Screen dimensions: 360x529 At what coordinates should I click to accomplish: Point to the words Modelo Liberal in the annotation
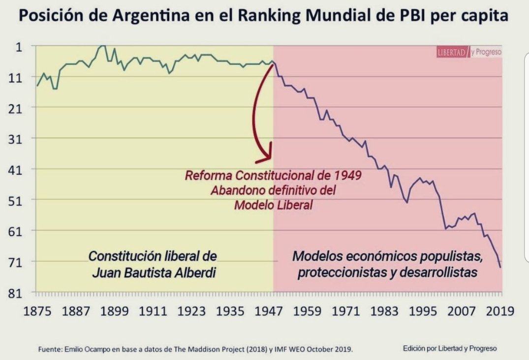273,205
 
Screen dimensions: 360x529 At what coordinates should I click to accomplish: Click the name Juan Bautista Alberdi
154,272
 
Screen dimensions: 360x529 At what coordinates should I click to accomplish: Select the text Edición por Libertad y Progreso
450,348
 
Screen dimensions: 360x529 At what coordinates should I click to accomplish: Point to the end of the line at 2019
500,267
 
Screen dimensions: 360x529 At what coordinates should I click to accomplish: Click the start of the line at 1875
37,86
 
